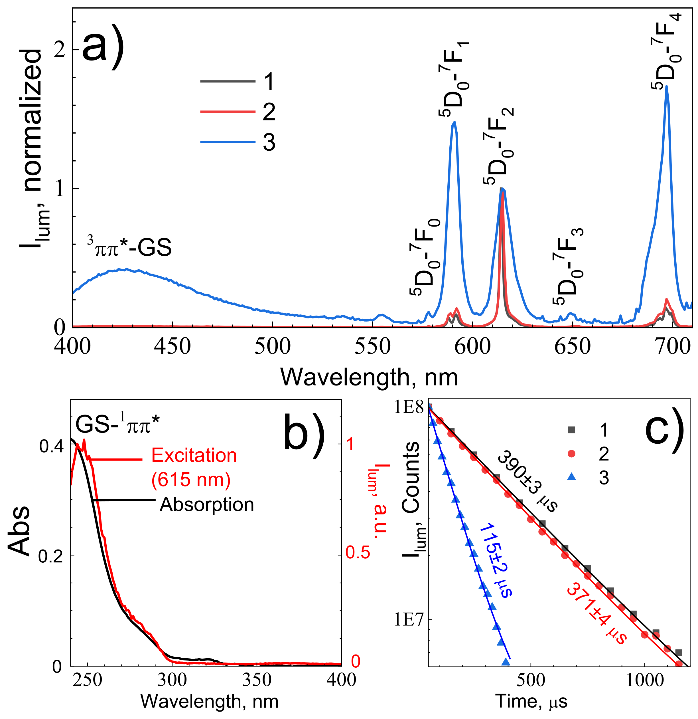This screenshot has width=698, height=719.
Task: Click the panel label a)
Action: (x=103, y=46)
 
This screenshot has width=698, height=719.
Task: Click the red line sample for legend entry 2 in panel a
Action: (x=227, y=112)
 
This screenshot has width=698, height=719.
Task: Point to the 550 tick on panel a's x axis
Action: (x=372, y=346)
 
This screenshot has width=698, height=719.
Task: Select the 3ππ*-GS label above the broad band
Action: (x=129, y=247)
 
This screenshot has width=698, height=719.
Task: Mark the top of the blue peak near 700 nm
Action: (x=666, y=86)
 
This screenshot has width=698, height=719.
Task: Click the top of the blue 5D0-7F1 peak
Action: (x=454, y=122)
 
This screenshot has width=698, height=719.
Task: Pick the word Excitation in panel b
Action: (x=194, y=456)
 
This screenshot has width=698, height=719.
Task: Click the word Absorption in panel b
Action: (x=207, y=504)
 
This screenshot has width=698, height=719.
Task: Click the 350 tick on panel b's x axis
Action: (x=257, y=680)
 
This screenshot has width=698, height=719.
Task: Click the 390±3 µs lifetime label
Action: (x=527, y=480)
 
